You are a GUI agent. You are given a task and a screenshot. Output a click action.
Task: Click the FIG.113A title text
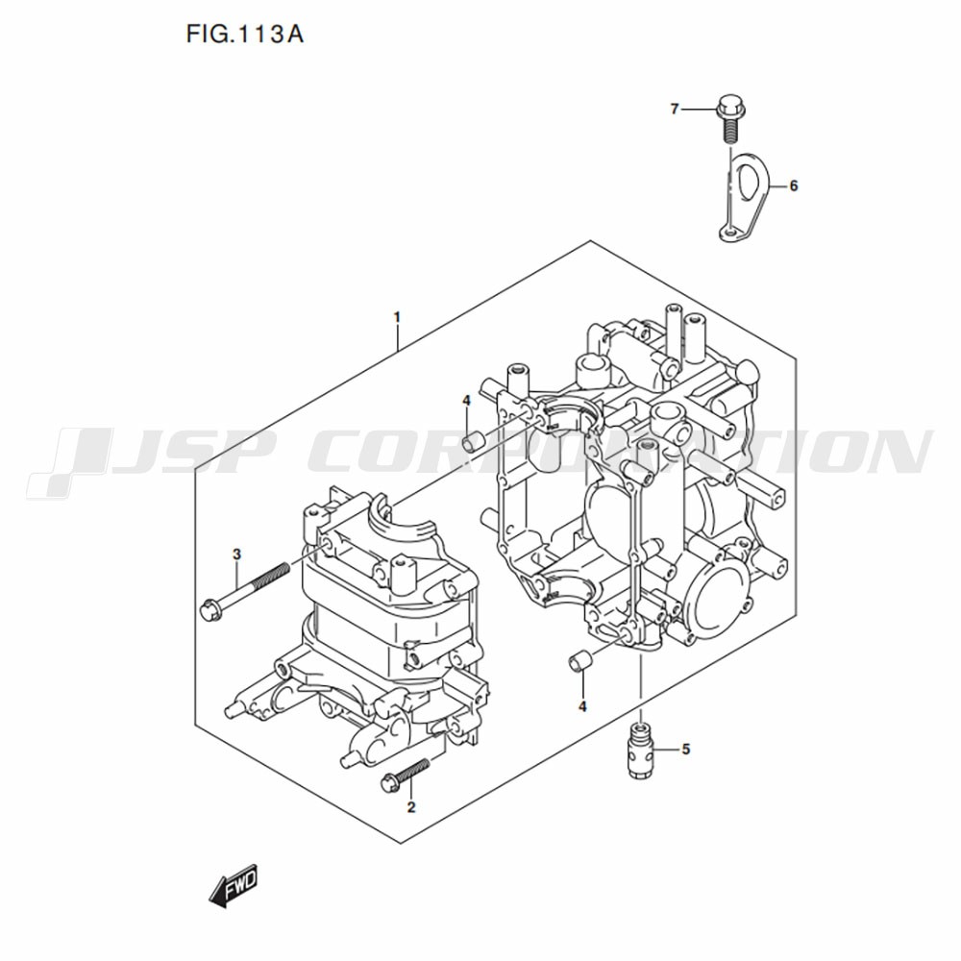(x=244, y=35)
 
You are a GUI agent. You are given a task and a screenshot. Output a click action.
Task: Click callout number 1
(x=397, y=317)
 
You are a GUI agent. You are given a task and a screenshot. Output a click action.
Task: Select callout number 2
(x=410, y=807)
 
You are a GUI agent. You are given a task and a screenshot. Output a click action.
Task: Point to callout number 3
(x=237, y=554)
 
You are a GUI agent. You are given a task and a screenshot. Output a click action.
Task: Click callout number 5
(x=686, y=749)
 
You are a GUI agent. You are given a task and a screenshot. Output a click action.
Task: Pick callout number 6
(x=794, y=185)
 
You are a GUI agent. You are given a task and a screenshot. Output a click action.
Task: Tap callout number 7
(x=675, y=110)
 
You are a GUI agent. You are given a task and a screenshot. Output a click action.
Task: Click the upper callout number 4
(x=466, y=400)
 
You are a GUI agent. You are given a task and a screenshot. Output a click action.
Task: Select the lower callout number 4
(x=582, y=706)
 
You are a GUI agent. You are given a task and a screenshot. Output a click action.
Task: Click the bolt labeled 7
(x=728, y=119)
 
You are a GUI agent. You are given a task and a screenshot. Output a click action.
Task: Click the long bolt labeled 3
(x=244, y=586)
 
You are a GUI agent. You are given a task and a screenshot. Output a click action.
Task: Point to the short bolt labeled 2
(x=406, y=774)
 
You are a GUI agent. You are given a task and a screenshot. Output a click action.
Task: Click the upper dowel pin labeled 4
(x=474, y=441)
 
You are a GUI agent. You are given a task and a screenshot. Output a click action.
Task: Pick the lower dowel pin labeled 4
(x=579, y=661)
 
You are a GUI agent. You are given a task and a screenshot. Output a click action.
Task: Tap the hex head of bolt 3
(x=208, y=607)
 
